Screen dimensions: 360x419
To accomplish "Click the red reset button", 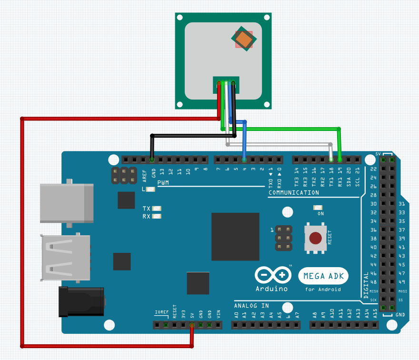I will pyautogui.click(x=315, y=238).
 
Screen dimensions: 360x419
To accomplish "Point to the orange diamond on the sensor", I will pyautogui.click(x=244, y=40).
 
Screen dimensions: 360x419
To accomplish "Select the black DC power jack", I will pyautogui.click(x=81, y=301).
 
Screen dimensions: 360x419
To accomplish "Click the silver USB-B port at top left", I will pyautogui.click(x=67, y=201).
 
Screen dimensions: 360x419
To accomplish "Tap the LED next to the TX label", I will pyautogui.click(x=157, y=209).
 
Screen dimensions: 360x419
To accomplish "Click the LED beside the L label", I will pyautogui.click(x=151, y=189).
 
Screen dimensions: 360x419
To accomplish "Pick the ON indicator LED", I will pyautogui.click(x=318, y=208).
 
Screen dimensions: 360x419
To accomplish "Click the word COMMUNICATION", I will pyautogui.click(x=294, y=193).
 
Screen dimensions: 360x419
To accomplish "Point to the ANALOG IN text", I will pyautogui.click(x=251, y=305).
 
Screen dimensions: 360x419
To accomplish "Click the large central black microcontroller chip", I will pyautogui.click(x=235, y=237).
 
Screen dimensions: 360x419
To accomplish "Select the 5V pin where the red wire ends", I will pyautogui.click(x=192, y=325).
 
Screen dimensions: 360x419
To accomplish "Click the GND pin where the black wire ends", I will pyautogui.click(x=152, y=160).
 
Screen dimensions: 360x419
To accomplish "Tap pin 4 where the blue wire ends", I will pyautogui.click(x=244, y=160).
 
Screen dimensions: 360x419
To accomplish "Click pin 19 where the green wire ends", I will pyautogui.click(x=339, y=160).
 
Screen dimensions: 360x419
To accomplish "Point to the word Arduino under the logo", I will pyautogui.click(x=271, y=289).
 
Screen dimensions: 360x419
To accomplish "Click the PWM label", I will pyautogui.click(x=163, y=183).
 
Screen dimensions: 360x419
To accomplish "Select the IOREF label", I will pyautogui.click(x=162, y=312).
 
